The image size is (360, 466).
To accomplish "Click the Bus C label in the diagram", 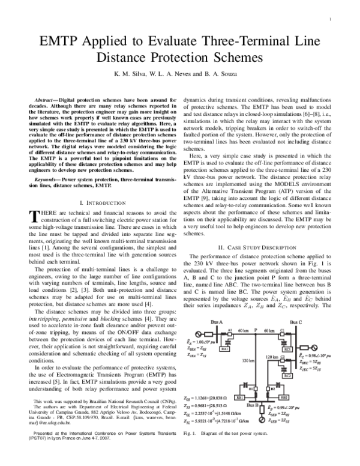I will pos(296,322).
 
